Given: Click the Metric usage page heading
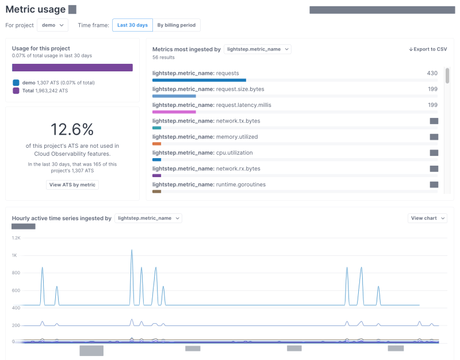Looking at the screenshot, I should [x=35, y=9].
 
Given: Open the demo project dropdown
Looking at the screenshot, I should [x=52, y=25].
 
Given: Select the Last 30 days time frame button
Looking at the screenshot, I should [x=132, y=25].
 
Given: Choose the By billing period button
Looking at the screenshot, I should [x=176, y=25].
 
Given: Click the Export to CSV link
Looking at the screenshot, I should [x=427, y=49].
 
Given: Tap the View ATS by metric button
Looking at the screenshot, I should [x=72, y=185].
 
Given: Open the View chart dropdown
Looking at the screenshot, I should [x=427, y=218].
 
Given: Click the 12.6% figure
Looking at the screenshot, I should [x=72, y=129].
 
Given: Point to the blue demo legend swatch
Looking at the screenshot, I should [x=16, y=83].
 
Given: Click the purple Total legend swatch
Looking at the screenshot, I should [x=16, y=91].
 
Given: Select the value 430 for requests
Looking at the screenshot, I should [x=432, y=73].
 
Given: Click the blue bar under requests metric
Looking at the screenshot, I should [x=199, y=81].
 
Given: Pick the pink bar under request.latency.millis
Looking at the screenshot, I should [x=174, y=112].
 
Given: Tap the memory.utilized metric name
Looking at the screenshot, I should [x=236, y=137].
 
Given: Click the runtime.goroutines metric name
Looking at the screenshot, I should [x=240, y=185].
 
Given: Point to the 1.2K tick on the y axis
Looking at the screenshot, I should [x=16, y=238].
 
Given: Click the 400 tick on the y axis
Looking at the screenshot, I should [x=16, y=308].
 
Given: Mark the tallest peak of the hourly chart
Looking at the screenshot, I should [x=132, y=250].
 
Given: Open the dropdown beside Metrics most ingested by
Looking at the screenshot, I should [x=258, y=49].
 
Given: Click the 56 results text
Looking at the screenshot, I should [x=163, y=58].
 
